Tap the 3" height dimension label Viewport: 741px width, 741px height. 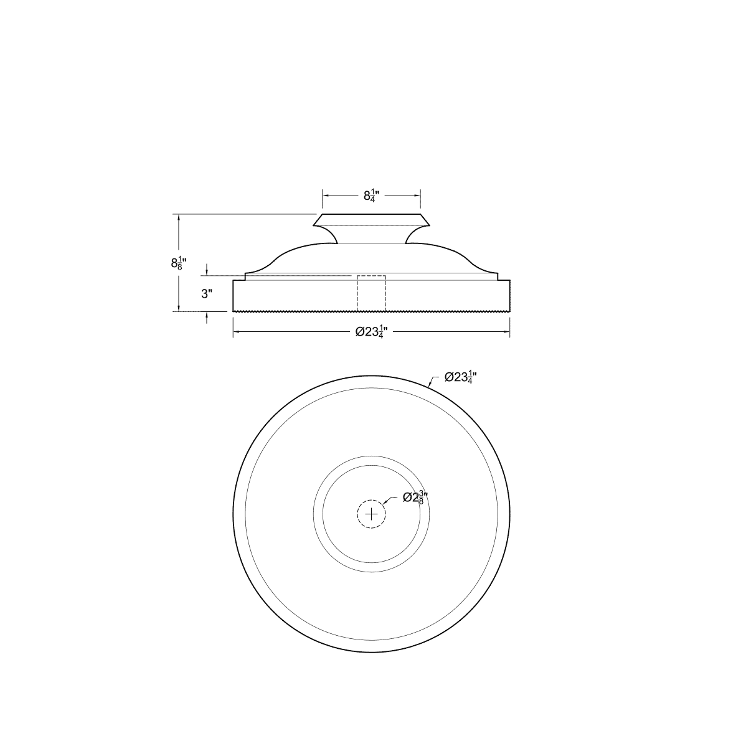coord(207,294)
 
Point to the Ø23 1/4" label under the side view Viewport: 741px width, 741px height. coord(371,333)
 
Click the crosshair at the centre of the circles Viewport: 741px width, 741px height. coord(371,514)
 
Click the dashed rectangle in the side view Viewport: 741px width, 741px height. coord(371,292)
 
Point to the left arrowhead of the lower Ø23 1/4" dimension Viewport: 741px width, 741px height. coord(237,332)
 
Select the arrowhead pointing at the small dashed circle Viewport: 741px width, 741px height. coord(386,502)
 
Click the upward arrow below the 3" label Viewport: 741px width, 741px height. coord(207,316)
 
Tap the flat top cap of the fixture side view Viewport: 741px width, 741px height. coord(371,219)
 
